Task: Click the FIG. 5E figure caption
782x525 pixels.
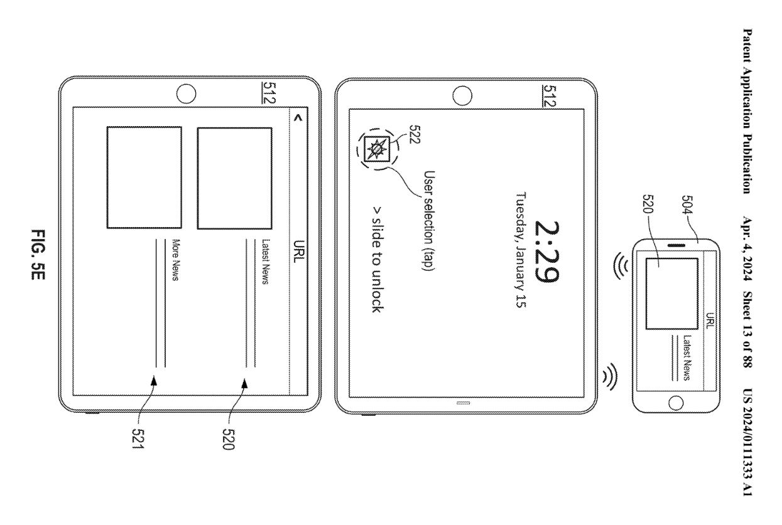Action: (x=38, y=255)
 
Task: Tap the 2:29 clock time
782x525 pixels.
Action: (x=547, y=252)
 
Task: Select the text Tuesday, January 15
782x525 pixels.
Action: (x=521, y=250)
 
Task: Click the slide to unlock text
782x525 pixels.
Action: (x=377, y=260)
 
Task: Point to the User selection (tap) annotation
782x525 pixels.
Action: (x=430, y=221)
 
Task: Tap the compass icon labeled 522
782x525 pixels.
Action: (x=377, y=149)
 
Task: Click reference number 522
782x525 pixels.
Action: (x=415, y=134)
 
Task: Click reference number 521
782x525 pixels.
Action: (x=138, y=438)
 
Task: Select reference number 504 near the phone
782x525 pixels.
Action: (x=687, y=205)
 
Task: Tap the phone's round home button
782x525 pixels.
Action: (x=676, y=403)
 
